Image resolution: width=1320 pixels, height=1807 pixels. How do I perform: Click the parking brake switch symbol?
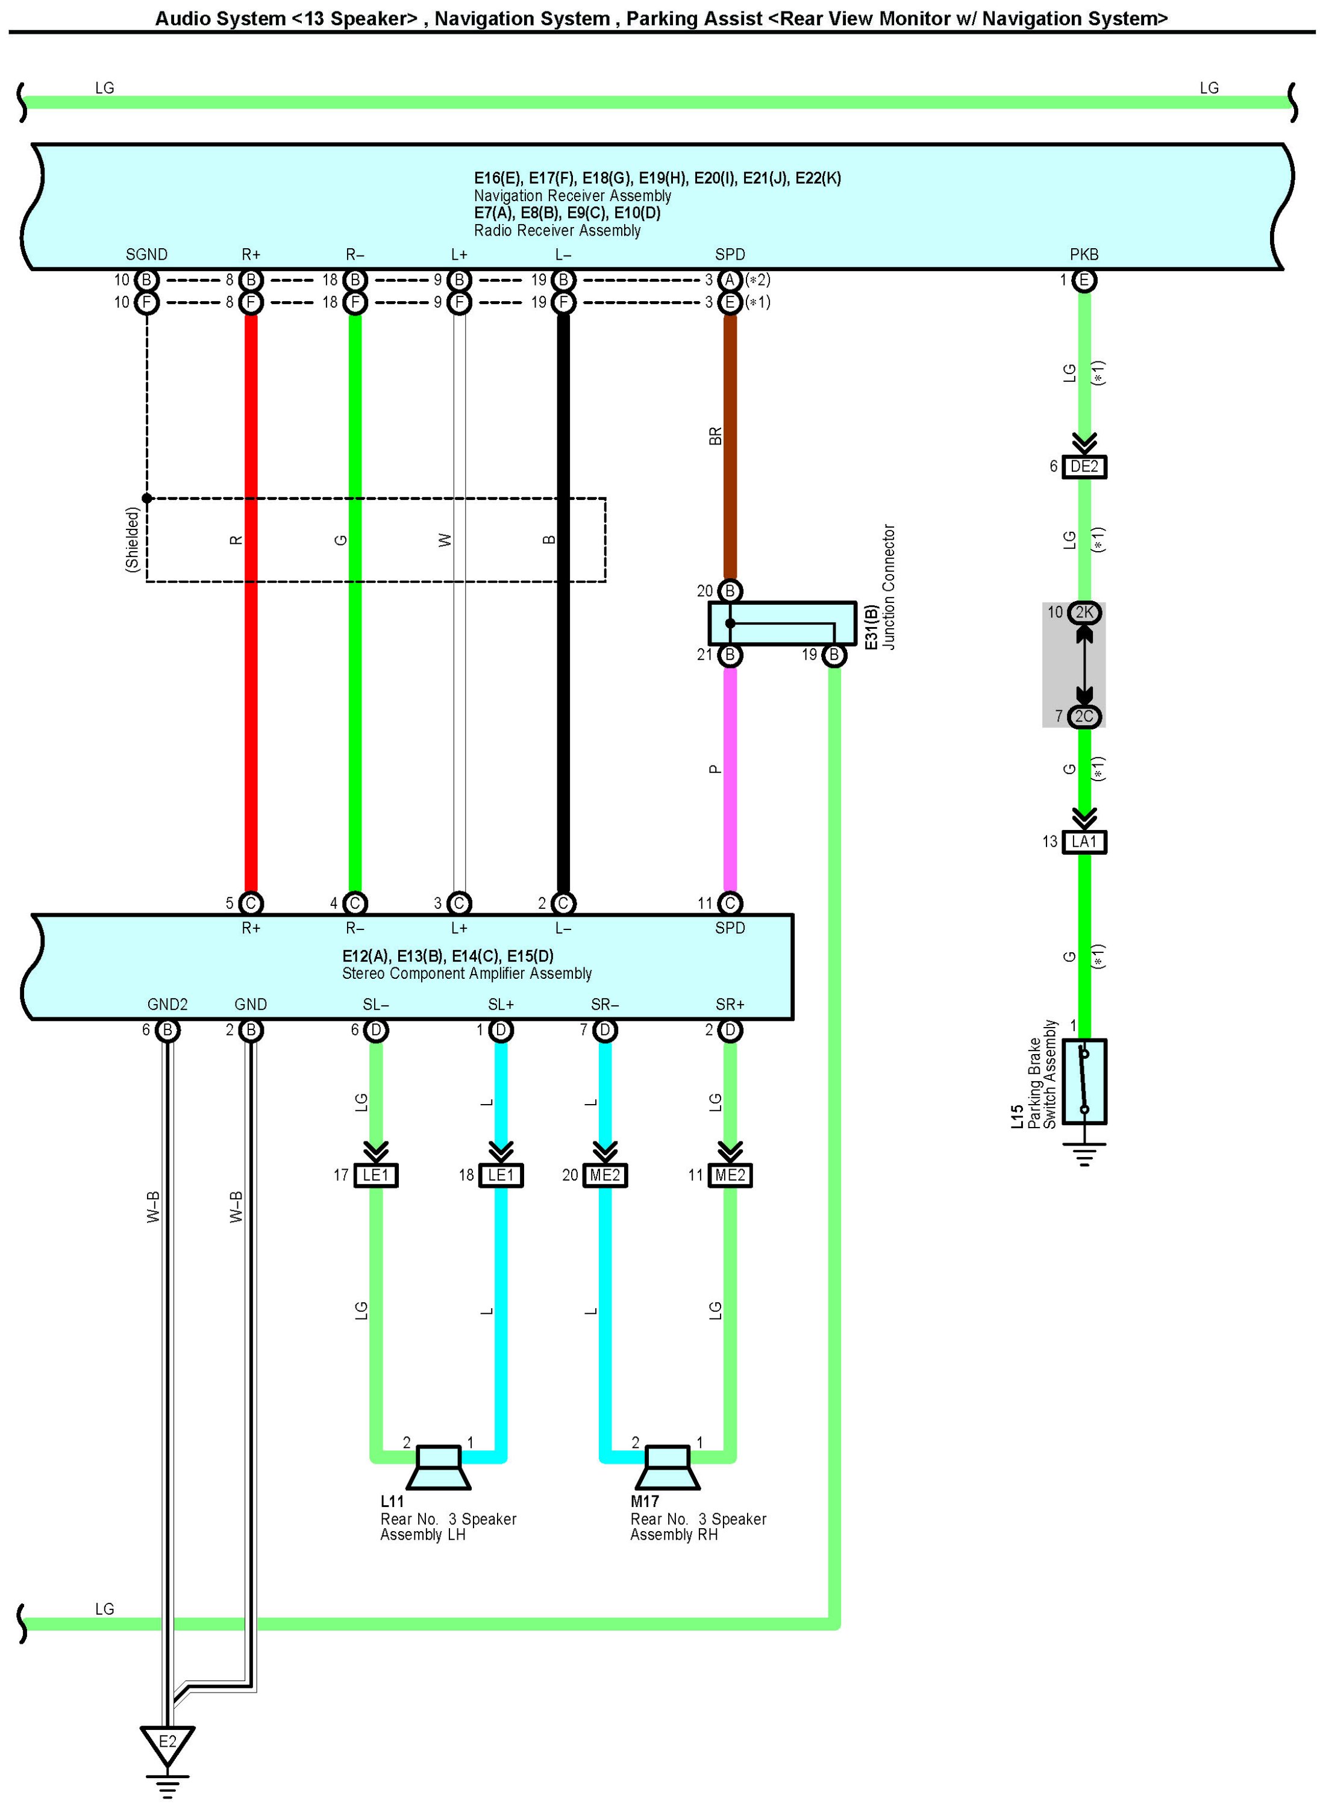coord(1084,1081)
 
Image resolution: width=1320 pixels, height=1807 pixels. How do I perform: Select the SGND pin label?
coord(146,255)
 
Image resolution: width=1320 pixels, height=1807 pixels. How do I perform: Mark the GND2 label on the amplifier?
coord(167,1004)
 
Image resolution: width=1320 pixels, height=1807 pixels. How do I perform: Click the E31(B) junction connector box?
coord(781,623)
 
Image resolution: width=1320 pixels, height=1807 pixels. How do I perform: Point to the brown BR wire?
coord(730,448)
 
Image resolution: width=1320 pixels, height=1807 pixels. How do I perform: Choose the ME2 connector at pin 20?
coord(605,1175)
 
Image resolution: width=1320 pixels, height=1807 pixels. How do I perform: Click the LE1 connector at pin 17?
coord(375,1175)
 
